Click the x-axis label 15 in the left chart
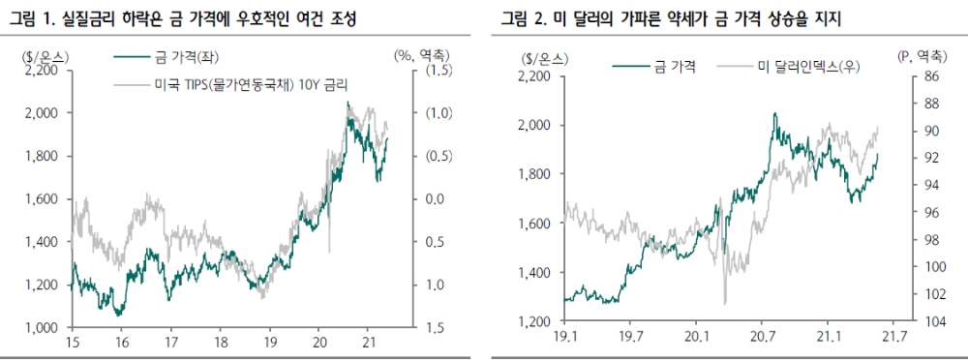72,344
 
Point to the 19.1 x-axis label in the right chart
566,338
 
